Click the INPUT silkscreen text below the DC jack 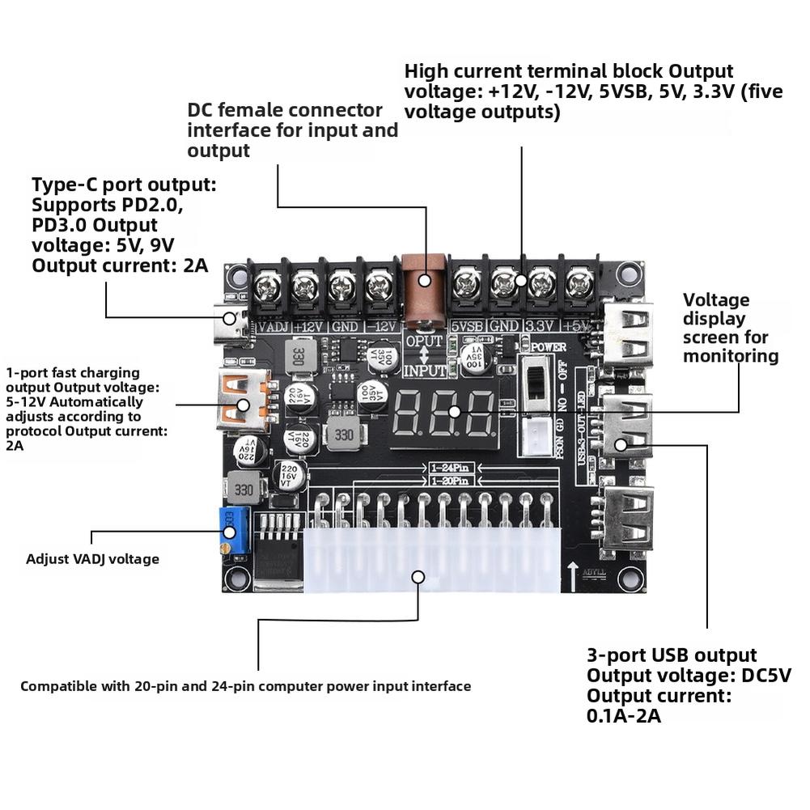424,371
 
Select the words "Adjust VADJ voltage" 92,558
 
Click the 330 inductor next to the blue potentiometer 240,490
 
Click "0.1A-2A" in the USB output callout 624,715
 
